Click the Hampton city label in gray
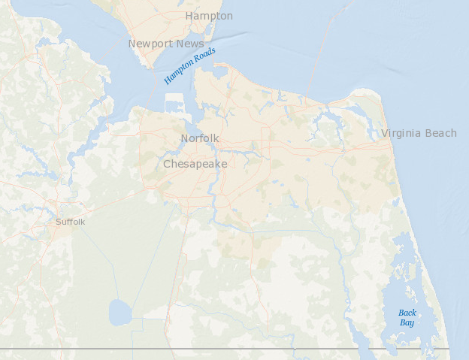(209, 16)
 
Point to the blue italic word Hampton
(179, 72)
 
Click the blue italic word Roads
(204, 56)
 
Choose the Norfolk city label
(200, 138)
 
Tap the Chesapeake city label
(195, 164)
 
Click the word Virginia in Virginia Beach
(403, 133)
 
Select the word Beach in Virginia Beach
(441, 133)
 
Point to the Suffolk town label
(71, 222)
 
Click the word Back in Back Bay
(407, 313)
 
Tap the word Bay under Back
(407, 322)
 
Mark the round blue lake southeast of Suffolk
(120, 312)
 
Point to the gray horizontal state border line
(225, 349)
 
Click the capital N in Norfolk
(184, 138)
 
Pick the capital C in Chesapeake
(168, 164)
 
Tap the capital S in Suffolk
(59, 222)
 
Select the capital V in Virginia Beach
(385, 133)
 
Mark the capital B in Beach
(429, 133)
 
